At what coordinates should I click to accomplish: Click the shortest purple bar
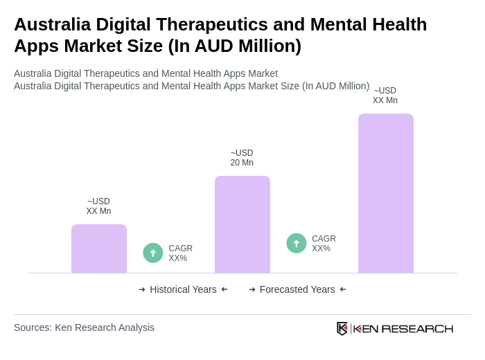[x=98, y=249]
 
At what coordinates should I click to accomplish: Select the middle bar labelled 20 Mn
[x=242, y=224]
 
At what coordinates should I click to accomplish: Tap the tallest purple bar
[x=385, y=193]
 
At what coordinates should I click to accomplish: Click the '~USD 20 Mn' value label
[x=242, y=158]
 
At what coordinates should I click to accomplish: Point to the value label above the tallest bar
[x=385, y=96]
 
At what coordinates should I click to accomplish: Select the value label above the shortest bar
[x=98, y=206]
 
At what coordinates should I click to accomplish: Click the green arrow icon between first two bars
[x=153, y=253]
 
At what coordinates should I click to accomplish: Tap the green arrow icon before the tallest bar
[x=297, y=243]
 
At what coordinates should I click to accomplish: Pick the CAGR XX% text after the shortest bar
[x=180, y=253]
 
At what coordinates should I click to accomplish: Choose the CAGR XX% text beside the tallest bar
[x=324, y=244]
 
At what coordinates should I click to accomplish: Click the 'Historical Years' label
[x=183, y=289]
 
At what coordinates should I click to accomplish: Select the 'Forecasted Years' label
[x=297, y=289]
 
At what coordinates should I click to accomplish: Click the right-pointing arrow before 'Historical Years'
[x=142, y=289]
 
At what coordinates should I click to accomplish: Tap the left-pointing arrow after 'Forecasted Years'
[x=343, y=289]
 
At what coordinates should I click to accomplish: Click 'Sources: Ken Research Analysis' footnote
[x=84, y=327]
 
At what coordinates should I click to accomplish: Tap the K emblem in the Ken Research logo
[x=342, y=328]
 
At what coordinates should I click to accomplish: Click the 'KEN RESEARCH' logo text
[x=403, y=328]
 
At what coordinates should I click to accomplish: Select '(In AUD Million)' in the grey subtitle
[x=335, y=86]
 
